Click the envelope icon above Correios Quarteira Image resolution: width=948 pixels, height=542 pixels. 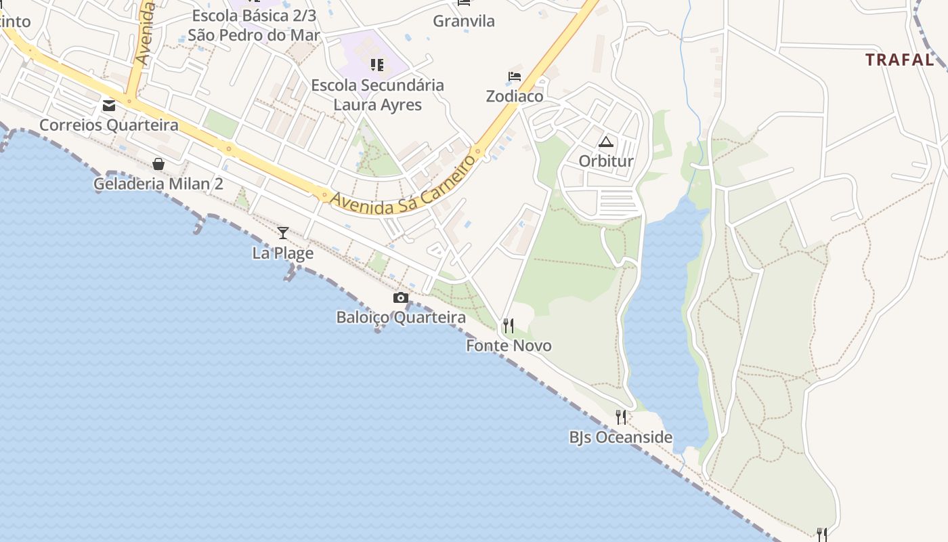coord(108,105)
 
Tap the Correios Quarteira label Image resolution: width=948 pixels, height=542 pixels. coord(109,125)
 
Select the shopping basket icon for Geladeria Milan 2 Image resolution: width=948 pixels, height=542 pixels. coord(158,164)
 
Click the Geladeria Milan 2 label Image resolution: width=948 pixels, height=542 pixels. coord(158,184)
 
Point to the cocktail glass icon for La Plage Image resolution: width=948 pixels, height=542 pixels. coord(283,233)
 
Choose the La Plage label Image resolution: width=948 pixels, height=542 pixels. coord(283,253)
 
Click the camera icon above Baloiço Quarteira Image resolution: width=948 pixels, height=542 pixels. coord(401,297)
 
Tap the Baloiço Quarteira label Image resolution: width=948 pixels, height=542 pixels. coord(401,318)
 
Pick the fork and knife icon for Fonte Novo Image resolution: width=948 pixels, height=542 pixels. coord(508,326)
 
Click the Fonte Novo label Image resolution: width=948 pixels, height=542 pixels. coord(509,346)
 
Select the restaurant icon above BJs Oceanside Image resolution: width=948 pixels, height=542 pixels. coord(621,417)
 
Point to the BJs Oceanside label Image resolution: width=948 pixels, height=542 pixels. coord(621,438)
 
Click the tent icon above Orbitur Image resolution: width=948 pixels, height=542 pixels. coord(605,142)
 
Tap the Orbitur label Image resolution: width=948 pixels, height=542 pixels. coord(606,161)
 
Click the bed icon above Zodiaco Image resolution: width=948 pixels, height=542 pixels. coord(515,77)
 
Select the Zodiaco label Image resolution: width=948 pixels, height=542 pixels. coord(515,96)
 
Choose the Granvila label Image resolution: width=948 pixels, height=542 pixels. coord(464,21)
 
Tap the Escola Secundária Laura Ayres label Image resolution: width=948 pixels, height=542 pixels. coord(378,95)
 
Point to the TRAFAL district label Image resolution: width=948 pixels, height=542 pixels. coord(899,60)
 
